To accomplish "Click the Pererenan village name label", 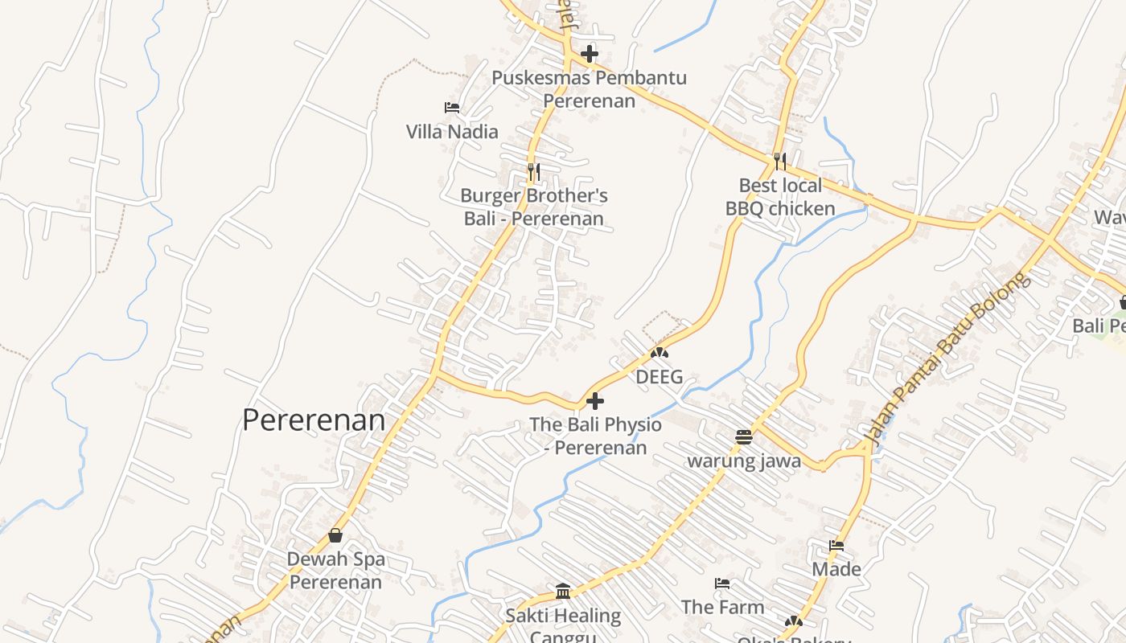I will (x=314, y=420).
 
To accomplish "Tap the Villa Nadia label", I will (x=452, y=131).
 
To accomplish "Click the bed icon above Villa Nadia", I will (x=452, y=108).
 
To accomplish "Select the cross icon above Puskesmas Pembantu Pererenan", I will (x=590, y=54).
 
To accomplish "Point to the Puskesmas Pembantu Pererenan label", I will (x=589, y=89).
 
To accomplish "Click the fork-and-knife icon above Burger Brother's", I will (x=533, y=171).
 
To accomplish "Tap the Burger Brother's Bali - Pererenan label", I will (x=534, y=207).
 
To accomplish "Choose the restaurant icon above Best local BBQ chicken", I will (x=779, y=161).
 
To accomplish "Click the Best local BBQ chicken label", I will (x=780, y=197).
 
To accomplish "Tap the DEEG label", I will (x=659, y=376).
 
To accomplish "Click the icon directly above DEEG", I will (x=660, y=352).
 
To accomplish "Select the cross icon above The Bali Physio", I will (x=595, y=400).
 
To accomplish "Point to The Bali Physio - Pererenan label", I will (x=595, y=436).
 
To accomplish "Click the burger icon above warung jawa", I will (x=743, y=437).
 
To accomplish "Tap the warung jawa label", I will (x=743, y=461).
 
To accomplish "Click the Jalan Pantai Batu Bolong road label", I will (x=947, y=358).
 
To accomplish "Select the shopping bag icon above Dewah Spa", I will (x=335, y=535).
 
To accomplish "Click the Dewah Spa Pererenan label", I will (x=335, y=570).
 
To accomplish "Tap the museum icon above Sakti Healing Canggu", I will (x=563, y=592).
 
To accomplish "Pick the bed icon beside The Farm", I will (x=722, y=584).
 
